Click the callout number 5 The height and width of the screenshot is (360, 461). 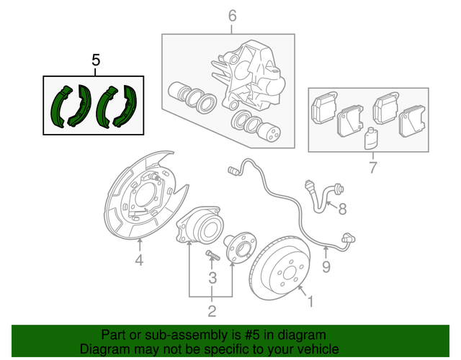click(96, 60)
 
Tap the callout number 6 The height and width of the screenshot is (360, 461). click(232, 15)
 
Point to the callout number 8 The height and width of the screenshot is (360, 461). click(343, 210)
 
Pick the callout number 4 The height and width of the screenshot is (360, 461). click(139, 261)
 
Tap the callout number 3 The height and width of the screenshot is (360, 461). click(212, 278)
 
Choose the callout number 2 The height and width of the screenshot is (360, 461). click(212, 311)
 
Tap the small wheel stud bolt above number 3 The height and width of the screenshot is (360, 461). click(212, 256)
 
